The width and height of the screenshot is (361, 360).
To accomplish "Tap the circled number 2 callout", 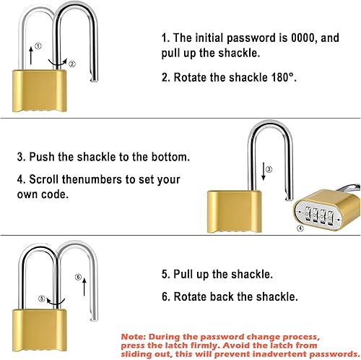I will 71,64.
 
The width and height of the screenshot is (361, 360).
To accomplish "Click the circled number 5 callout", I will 42,298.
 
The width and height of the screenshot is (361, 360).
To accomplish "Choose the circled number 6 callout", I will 78,275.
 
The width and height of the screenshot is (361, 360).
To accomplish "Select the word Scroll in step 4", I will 45,179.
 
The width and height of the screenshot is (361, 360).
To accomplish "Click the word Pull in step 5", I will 188,274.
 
